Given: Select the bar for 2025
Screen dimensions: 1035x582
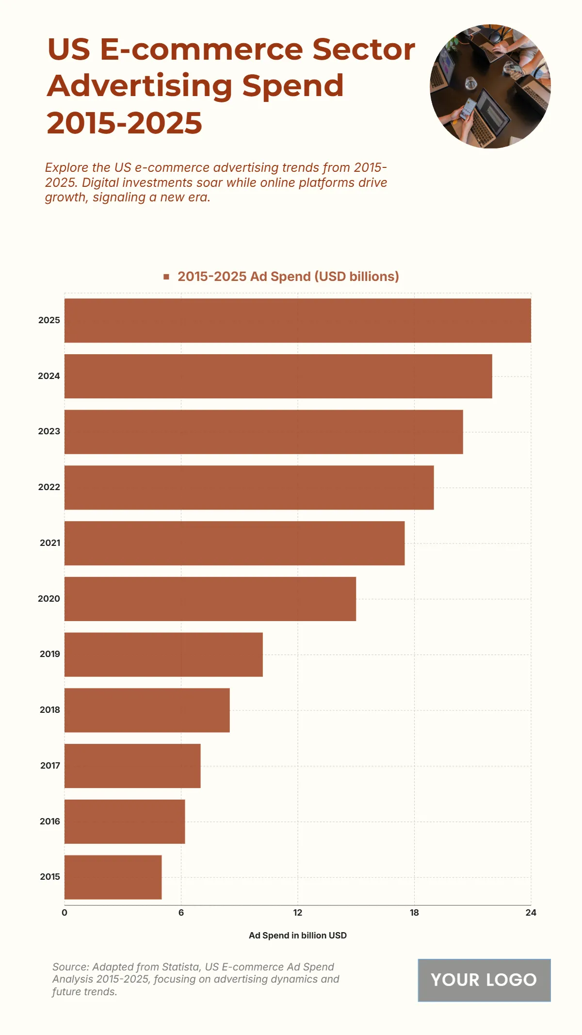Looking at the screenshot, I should pos(297,320).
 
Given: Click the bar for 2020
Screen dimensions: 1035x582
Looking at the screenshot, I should pos(210,599).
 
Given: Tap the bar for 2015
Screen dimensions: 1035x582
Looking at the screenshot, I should pos(113,877).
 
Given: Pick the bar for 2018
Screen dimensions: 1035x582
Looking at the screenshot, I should pos(147,710).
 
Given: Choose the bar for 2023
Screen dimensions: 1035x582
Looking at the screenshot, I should pos(263,432).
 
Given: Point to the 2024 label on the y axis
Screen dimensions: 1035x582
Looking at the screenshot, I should pos(49,376).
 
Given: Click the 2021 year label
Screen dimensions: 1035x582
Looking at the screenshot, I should pos(50,543).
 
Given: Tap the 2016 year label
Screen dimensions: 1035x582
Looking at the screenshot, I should pos(50,821).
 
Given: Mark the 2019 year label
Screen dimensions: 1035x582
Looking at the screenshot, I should pos(50,654).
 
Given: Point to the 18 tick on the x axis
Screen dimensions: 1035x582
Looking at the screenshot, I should pos(414,913).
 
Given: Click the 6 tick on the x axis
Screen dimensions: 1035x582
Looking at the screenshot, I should pos(181,913).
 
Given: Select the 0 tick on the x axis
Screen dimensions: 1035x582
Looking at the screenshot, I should pos(65,913).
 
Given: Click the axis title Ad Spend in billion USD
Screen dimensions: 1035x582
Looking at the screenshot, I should pos(297,936).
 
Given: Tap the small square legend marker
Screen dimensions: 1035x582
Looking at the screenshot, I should pos(166,277).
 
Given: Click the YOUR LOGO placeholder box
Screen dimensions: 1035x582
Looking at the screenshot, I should pos(484,980).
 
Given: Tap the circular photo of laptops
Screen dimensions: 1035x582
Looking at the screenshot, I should pos(490,86).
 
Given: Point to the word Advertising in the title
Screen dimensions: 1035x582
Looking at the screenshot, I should pos(140,86).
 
